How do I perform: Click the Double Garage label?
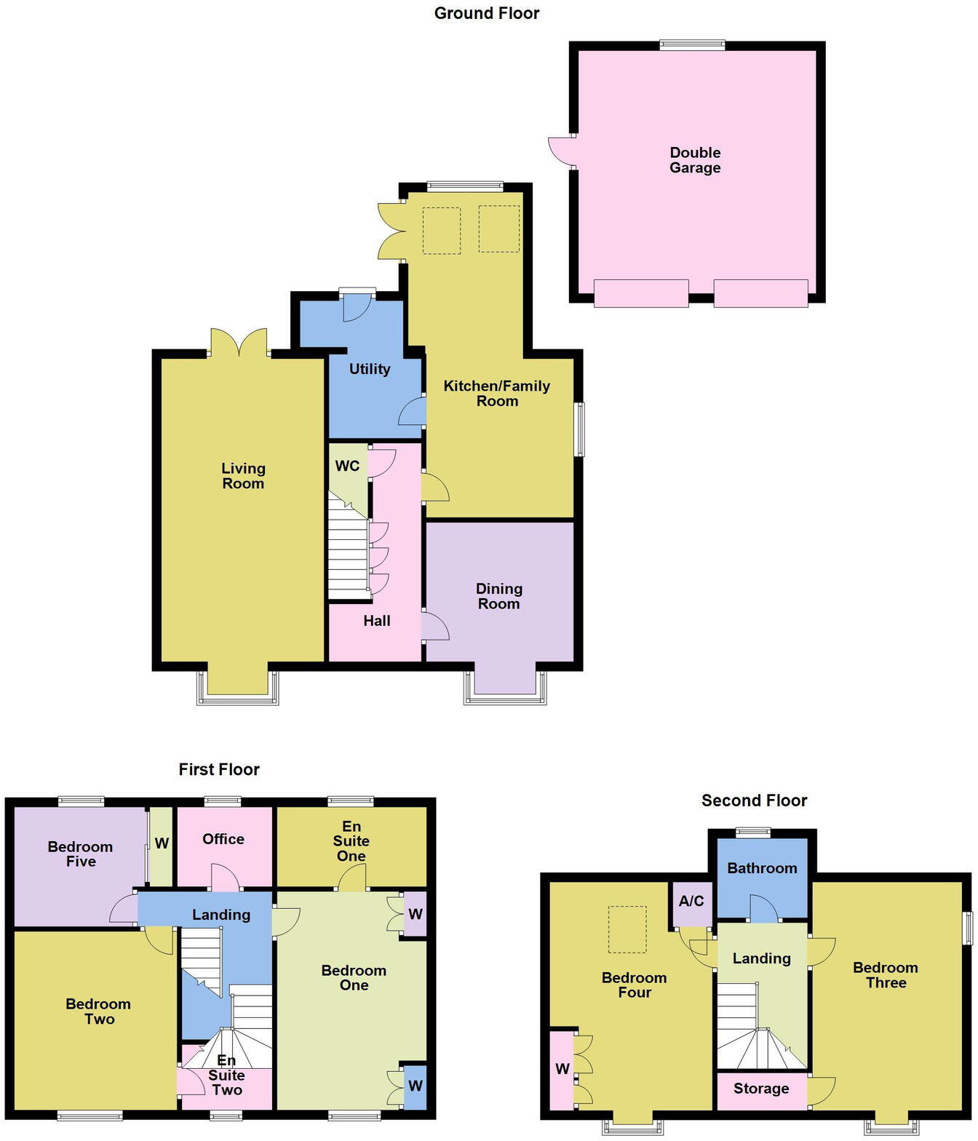point(695,160)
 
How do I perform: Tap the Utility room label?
point(370,369)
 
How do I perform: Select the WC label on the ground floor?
point(347,466)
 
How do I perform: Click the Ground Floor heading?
point(487,13)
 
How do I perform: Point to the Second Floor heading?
point(754,800)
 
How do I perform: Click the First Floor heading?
point(219,769)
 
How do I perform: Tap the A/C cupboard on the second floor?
point(691,901)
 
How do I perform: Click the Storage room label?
point(761,1089)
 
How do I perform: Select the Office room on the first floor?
point(223,839)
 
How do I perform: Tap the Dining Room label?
point(498,596)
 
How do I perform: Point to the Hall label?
point(377,621)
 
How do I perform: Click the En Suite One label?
point(351,840)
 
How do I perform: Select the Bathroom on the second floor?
point(762,868)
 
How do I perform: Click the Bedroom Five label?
point(80,854)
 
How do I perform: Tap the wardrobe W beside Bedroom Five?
point(162,843)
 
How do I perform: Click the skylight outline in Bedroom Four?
point(627,929)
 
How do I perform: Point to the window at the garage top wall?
point(692,45)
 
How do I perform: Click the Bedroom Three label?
point(886,975)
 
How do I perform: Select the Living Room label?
point(243,476)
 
